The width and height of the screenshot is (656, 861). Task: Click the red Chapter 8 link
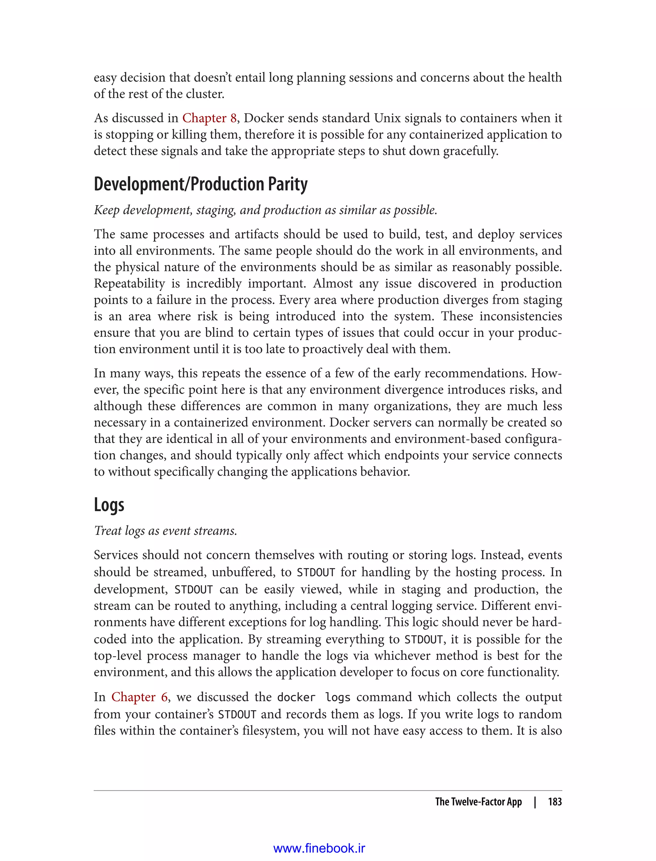pyautogui.click(x=209, y=118)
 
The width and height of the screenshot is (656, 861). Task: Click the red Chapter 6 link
pyautogui.click(x=139, y=697)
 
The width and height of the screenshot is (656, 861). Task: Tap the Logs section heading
pyautogui.click(x=109, y=505)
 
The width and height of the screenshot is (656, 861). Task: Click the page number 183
pyautogui.click(x=554, y=802)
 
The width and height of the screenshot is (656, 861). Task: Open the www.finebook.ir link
pyautogui.click(x=319, y=848)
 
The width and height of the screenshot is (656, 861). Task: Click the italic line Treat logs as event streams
pyautogui.click(x=165, y=531)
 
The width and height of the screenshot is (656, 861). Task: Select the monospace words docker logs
pyautogui.click(x=314, y=697)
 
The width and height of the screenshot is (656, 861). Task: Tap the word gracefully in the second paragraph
pyautogui.click(x=471, y=151)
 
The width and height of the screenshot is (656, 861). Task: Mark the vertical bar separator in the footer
pyautogui.click(x=535, y=802)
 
